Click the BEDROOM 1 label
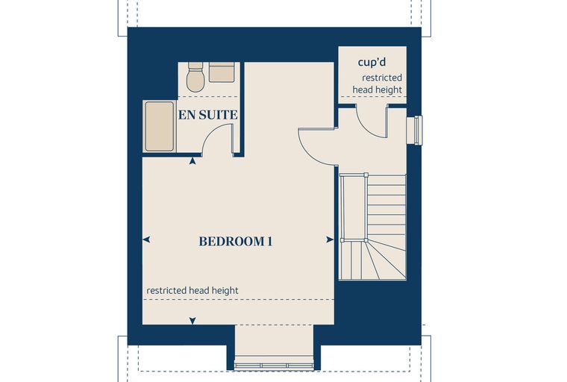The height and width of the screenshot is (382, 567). pyautogui.click(x=236, y=241)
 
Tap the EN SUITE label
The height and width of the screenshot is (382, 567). pyautogui.click(x=208, y=115)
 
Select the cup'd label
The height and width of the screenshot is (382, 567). pyautogui.click(x=372, y=62)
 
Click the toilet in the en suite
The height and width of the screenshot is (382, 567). pyautogui.click(x=195, y=77)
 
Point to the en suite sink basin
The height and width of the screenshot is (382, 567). pyautogui.click(x=222, y=72)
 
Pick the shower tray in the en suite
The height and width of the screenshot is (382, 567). pyautogui.click(x=160, y=126)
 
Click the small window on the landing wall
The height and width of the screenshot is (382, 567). pyautogui.click(x=414, y=131)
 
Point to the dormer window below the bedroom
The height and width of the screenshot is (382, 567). pyautogui.click(x=274, y=366)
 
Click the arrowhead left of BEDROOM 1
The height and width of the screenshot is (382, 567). pyautogui.click(x=146, y=239)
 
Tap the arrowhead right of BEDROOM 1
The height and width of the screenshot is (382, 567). pyautogui.click(x=330, y=239)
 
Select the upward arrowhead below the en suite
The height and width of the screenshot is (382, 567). pyautogui.click(x=192, y=161)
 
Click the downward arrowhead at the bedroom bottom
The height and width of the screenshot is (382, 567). pyautogui.click(x=192, y=321)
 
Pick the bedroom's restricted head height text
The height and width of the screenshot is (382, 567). pyautogui.click(x=192, y=290)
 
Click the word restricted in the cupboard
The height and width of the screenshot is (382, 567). pyautogui.click(x=382, y=78)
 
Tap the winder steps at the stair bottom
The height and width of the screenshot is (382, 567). pyautogui.click(x=372, y=260)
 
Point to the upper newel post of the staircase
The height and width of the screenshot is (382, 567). pyautogui.click(x=366, y=175)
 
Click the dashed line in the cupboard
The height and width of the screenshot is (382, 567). pyautogui.click(x=372, y=96)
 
